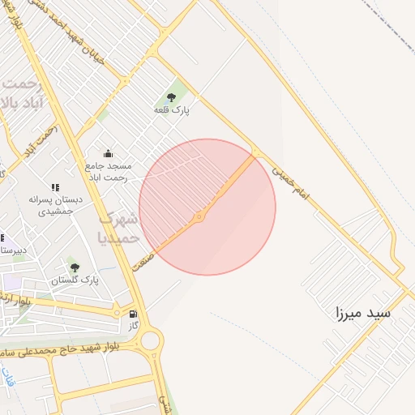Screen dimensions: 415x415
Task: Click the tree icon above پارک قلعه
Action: pyautogui.click(x=170, y=98)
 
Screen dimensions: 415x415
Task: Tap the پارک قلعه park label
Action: pyautogui.click(x=171, y=110)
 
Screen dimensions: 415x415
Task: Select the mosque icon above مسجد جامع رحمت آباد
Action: pyautogui.click(x=109, y=154)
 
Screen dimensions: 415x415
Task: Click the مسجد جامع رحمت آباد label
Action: pyautogui.click(x=109, y=171)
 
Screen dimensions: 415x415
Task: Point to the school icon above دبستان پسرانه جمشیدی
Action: pyautogui.click(x=55, y=187)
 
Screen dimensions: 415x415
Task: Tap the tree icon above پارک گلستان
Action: pyautogui.click(x=75, y=267)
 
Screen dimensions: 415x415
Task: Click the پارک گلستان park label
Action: pyautogui.click(x=75, y=280)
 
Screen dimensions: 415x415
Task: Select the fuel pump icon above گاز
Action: pyautogui.click(x=133, y=313)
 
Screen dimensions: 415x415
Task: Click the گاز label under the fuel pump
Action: pyautogui.click(x=134, y=325)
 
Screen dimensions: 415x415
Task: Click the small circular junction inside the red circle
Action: pyautogui.click(x=199, y=217)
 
